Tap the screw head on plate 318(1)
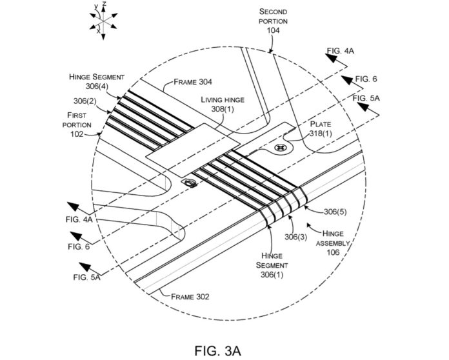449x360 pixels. [x=279, y=148]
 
